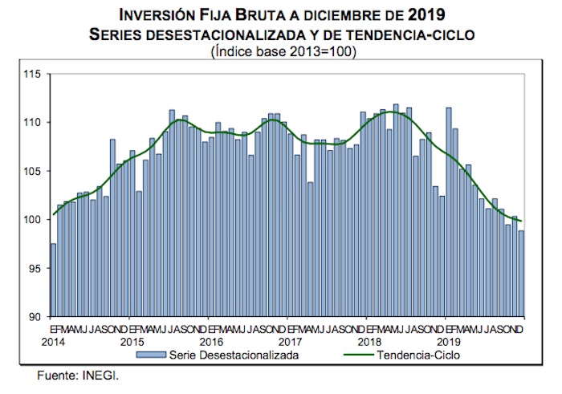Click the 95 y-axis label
35,268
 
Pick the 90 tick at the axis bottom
35,317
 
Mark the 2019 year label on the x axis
446,340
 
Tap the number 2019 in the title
426,15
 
